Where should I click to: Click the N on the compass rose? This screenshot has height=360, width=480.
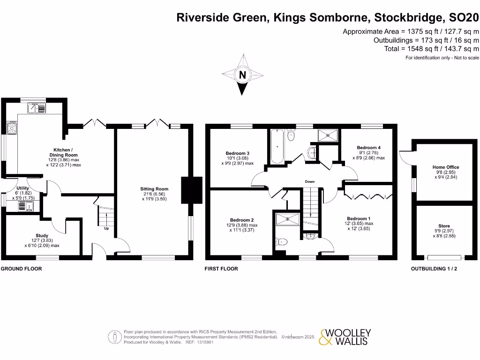point(242,75)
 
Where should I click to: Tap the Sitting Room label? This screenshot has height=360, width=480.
point(154,189)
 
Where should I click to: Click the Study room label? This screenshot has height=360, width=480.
point(42,236)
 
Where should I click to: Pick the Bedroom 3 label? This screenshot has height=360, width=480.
point(237,153)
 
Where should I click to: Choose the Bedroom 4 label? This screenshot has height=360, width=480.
point(368,148)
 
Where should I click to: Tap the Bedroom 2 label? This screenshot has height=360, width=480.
point(242,220)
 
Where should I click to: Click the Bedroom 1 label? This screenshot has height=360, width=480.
point(359,218)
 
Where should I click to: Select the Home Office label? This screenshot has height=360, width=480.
point(446,167)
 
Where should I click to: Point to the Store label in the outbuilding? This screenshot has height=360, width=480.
point(444,226)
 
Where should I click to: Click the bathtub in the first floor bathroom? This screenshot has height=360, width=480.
point(277,146)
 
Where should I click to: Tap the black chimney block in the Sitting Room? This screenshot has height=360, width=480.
point(191,189)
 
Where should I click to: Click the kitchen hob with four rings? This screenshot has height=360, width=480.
point(12,127)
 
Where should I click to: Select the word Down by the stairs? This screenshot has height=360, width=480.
point(309,181)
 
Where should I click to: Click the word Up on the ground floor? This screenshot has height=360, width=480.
point(106,229)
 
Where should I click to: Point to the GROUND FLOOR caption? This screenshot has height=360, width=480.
point(22,269)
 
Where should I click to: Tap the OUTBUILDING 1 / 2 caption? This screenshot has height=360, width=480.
point(434,269)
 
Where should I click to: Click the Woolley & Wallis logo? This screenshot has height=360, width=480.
point(345,337)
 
